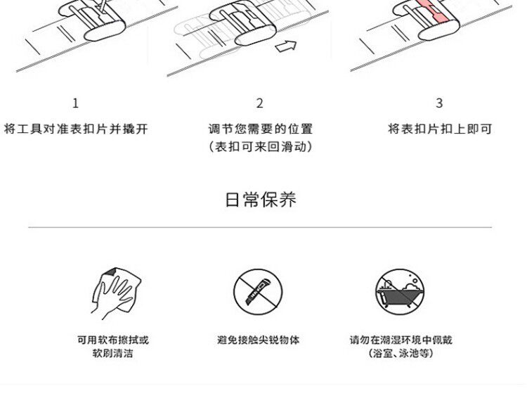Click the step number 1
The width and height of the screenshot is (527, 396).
[x=76, y=103]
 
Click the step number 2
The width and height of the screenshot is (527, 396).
[x=259, y=103]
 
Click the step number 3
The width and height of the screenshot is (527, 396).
[x=439, y=103]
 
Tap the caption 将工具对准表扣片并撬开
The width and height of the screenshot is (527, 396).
[x=76, y=129]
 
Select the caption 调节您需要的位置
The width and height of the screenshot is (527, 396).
[x=260, y=129]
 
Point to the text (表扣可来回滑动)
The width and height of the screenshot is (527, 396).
[x=260, y=147]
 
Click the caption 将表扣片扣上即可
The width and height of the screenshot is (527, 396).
[x=440, y=129]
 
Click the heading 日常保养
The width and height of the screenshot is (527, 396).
[x=260, y=199]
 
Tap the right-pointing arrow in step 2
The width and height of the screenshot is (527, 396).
[x=285, y=47]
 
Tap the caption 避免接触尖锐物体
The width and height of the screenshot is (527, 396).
[x=258, y=340]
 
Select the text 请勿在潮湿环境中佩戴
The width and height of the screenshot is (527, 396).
[x=401, y=340]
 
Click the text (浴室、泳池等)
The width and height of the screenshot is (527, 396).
[x=401, y=353]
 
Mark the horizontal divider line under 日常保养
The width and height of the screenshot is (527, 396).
[x=260, y=227]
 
